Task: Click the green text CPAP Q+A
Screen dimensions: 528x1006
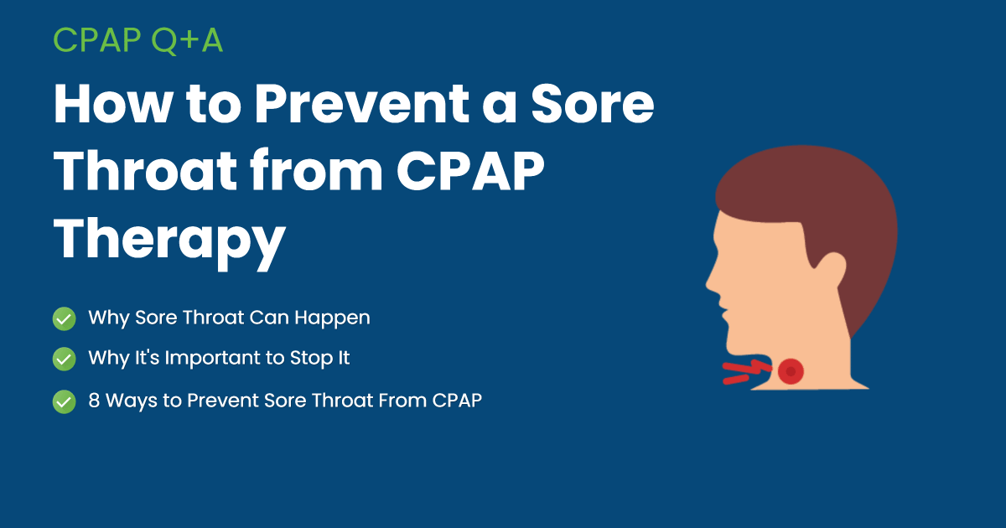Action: coord(138,39)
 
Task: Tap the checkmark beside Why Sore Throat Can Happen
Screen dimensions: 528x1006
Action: coord(65,318)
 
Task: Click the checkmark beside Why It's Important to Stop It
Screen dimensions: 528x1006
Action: coord(65,359)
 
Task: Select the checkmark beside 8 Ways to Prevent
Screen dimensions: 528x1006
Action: coord(65,401)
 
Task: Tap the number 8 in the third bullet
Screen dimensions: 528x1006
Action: coord(93,401)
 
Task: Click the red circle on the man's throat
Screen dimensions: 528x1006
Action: coord(790,370)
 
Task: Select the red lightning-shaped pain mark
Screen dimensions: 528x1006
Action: coord(744,371)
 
